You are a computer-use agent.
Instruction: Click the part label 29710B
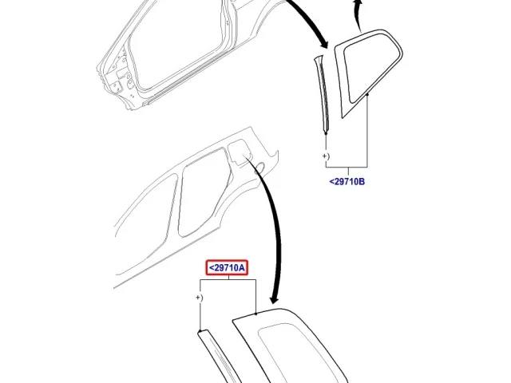tap(347, 182)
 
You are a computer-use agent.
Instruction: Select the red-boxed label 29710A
tap(227, 268)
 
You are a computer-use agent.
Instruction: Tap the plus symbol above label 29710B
tap(325, 156)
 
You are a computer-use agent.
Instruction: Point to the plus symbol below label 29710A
tap(198, 298)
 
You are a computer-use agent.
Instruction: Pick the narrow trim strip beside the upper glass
tap(322, 94)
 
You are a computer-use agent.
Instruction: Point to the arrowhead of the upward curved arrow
tap(358, 3)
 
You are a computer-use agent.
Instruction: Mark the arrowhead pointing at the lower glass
tap(275, 298)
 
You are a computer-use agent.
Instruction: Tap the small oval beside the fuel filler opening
tap(259, 167)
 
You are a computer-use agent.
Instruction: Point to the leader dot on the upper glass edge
tap(367, 94)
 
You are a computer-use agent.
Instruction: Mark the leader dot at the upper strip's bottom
tap(326, 133)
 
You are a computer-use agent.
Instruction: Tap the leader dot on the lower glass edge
tap(255, 314)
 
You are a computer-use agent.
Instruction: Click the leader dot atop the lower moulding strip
tap(200, 331)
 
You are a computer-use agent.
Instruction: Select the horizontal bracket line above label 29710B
tap(347, 167)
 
